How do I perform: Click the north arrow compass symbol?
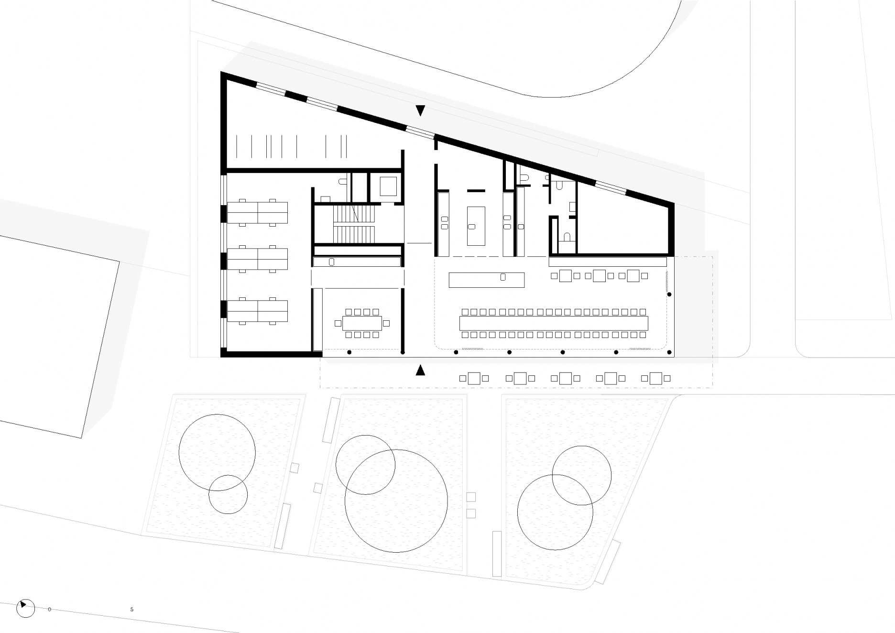26,608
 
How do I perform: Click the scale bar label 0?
50,610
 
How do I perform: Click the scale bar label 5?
132,610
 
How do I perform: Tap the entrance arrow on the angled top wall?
420,110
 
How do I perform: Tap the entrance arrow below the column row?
420,370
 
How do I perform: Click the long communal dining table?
554,323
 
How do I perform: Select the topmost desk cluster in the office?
257,213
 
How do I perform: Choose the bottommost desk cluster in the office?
257,311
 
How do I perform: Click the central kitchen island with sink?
476,226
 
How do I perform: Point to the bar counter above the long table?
487,280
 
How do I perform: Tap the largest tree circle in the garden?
396,501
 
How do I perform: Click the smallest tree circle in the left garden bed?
228,494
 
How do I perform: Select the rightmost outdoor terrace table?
655,378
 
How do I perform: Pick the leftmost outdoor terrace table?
474,378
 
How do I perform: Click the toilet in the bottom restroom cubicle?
567,236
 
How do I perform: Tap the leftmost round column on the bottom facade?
349,352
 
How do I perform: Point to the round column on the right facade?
669,295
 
